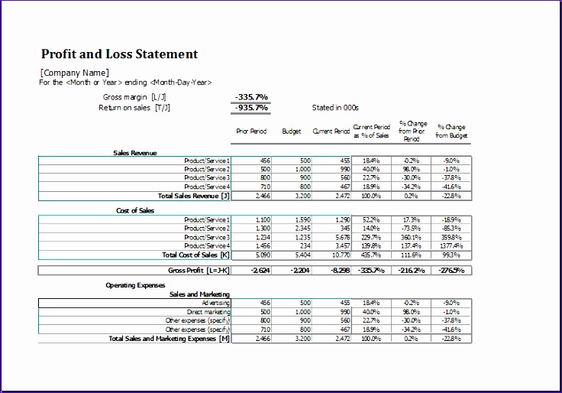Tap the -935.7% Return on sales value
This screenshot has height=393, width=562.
coord(251,108)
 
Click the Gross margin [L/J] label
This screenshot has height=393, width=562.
coord(134,97)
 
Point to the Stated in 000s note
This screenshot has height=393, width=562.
coord(335,108)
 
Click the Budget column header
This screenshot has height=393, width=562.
coord(292,132)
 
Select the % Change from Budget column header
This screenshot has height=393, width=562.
coord(451,131)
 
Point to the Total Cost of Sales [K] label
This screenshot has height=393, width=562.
coord(195,255)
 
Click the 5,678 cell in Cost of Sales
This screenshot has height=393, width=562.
coord(341,237)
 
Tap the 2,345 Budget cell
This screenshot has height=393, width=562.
coord(301,229)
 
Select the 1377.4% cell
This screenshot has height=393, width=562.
coord(450,246)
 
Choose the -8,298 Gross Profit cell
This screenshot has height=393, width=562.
coord(339,270)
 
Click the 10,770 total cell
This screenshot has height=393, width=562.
coord(340,255)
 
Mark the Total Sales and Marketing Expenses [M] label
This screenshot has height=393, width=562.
coord(169,338)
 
